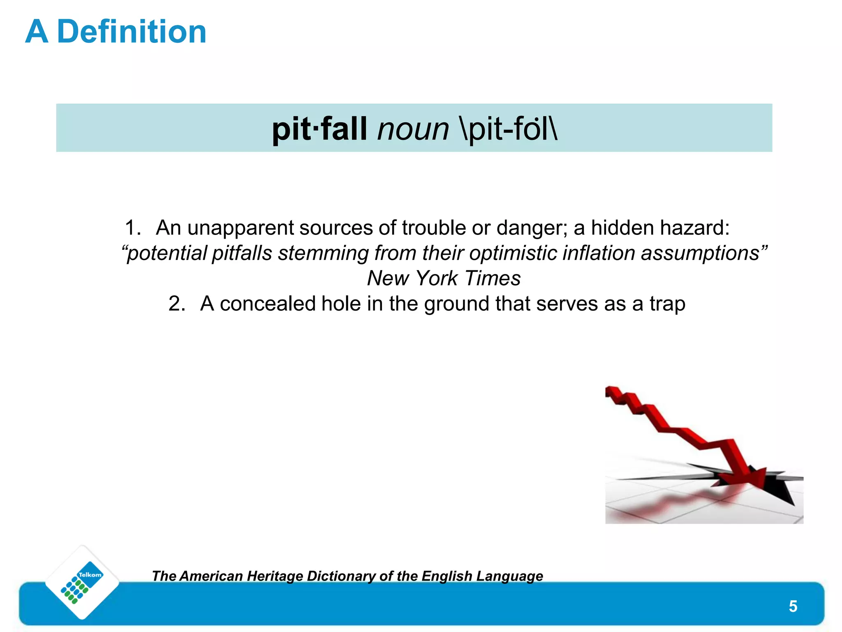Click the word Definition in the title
point(132,32)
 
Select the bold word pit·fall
point(319,129)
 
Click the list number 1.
point(132,228)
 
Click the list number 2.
point(177,304)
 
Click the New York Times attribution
point(444,279)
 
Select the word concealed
point(267,304)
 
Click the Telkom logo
point(82,582)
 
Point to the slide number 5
point(793,606)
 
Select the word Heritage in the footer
point(275,576)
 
